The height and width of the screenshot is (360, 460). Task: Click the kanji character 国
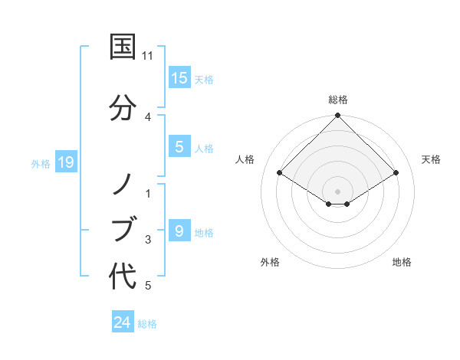123,47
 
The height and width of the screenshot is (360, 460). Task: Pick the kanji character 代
123,276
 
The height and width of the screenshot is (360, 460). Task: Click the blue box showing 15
179,78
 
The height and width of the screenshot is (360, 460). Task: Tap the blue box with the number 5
179,148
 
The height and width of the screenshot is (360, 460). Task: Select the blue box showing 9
179,231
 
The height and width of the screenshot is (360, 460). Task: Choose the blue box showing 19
66,162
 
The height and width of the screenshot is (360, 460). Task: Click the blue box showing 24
123,322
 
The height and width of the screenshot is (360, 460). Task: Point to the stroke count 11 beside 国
148,56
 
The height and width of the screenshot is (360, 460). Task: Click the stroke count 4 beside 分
148,116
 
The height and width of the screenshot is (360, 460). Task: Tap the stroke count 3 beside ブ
148,240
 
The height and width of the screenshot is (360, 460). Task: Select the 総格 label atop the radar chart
337,100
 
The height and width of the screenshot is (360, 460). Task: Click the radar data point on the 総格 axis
337,116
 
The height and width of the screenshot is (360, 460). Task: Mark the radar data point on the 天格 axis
396,173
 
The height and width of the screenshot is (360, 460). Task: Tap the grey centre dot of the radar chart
337,191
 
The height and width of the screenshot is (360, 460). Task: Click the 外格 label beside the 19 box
41,163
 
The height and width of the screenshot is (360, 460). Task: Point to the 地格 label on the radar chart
402,262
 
